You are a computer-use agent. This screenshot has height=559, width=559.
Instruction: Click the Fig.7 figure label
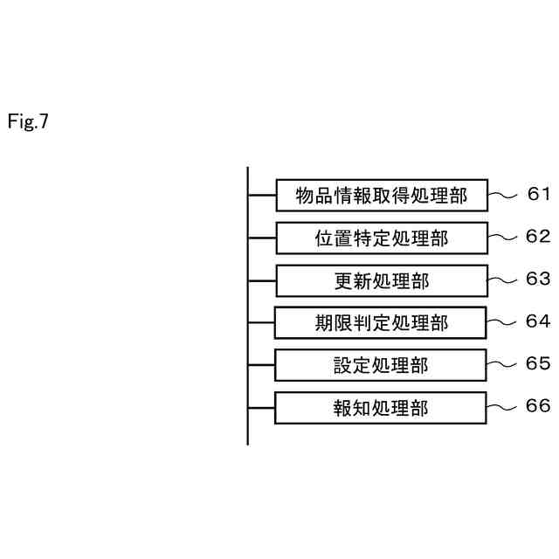[x=28, y=121]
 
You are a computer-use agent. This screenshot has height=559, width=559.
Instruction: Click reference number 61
[x=538, y=194]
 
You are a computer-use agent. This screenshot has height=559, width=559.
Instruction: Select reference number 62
[x=538, y=237]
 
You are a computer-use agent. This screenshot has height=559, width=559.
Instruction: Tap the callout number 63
[x=538, y=279]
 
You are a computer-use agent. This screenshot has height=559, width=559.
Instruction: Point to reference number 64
[x=538, y=321]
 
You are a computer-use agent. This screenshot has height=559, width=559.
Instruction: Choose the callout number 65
[x=538, y=363]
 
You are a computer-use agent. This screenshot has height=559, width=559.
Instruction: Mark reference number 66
[x=538, y=405]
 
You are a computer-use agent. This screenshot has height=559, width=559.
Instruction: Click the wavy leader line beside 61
[x=502, y=195]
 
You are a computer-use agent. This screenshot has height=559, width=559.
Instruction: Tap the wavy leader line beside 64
[x=500, y=322]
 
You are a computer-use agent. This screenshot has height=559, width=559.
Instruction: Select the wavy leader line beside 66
[x=500, y=407]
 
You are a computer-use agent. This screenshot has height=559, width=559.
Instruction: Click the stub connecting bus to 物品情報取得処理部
[x=262, y=195]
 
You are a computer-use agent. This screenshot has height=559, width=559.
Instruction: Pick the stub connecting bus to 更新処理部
[x=262, y=281]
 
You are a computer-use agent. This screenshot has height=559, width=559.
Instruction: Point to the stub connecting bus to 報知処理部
[x=261, y=408]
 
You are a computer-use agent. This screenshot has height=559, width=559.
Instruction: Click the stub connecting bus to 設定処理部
[x=261, y=365]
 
